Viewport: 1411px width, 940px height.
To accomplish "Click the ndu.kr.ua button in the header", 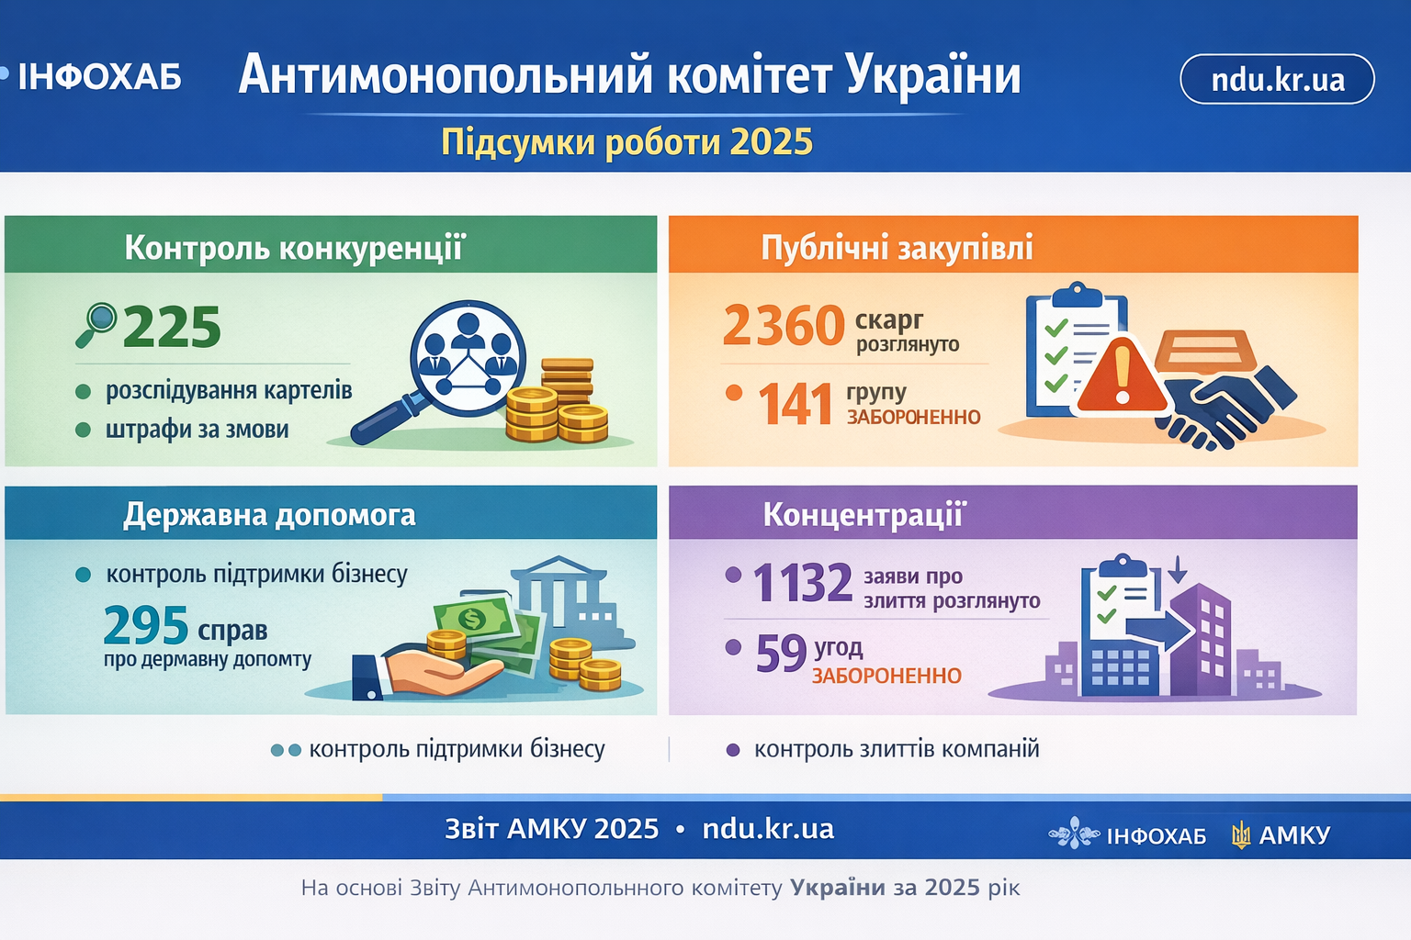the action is click(x=1277, y=79).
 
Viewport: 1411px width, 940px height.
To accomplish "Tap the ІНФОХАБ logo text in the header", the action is click(x=99, y=77).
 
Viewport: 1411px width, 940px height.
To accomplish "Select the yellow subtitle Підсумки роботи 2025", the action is click(x=626, y=142).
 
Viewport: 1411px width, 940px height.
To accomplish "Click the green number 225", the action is click(x=172, y=327).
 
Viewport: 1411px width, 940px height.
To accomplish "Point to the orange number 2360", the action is click(x=784, y=326).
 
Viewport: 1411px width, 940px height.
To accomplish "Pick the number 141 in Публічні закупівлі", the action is click(x=795, y=404).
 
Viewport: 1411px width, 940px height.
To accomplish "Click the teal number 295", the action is click(x=146, y=625).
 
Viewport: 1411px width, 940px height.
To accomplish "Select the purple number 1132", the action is click(x=803, y=583).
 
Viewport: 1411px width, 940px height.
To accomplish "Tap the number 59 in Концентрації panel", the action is click(x=781, y=653).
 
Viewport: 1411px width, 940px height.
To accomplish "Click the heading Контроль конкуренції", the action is click(x=294, y=248).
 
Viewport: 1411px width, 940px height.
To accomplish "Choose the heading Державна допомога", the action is click(x=269, y=515).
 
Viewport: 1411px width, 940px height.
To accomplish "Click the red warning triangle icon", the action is click(x=1122, y=376).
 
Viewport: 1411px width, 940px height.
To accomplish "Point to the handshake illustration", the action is click(x=1225, y=409).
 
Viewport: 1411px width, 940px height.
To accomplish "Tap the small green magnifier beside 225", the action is click(x=96, y=325).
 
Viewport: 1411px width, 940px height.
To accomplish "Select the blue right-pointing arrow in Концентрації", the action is click(x=1159, y=632).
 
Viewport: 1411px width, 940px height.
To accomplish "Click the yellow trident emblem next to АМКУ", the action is click(x=1240, y=834).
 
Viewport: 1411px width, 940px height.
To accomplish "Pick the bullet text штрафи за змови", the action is click(x=198, y=430).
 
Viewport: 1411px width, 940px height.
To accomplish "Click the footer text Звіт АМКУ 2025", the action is click(x=552, y=829).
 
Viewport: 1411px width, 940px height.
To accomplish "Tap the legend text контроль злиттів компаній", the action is click(x=897, y=749).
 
